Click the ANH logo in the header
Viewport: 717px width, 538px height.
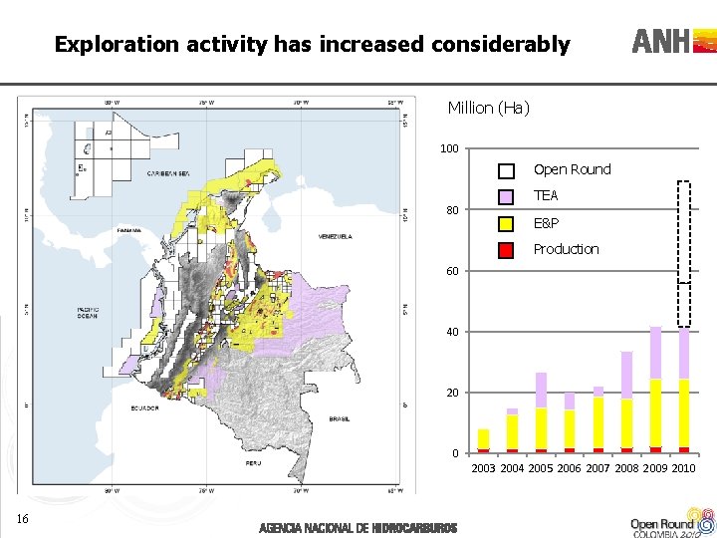[x=673, y=41]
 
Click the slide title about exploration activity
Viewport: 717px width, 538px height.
[x=312, y=44]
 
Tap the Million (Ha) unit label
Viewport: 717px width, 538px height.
[x=488, y=108]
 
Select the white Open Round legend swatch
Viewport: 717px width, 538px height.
[x=506, y=170]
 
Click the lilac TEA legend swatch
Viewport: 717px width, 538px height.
[x=506, y=197]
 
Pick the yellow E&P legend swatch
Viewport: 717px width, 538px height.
[x=506, y=224]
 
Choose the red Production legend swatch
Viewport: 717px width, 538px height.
[x=506, y=250]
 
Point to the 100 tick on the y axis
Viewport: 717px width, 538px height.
[x=449, y=149]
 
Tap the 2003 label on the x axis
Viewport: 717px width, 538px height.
[x=483, y=468]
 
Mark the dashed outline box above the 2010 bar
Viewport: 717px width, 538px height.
[x=683, y=253]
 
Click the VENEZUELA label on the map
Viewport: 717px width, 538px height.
[x=335, y=237]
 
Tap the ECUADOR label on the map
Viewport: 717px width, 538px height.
[x=143, y=407]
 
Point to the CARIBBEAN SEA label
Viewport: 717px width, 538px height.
[x=168, y=173]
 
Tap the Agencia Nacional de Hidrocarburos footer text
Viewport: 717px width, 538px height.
[x=358, y=527]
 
